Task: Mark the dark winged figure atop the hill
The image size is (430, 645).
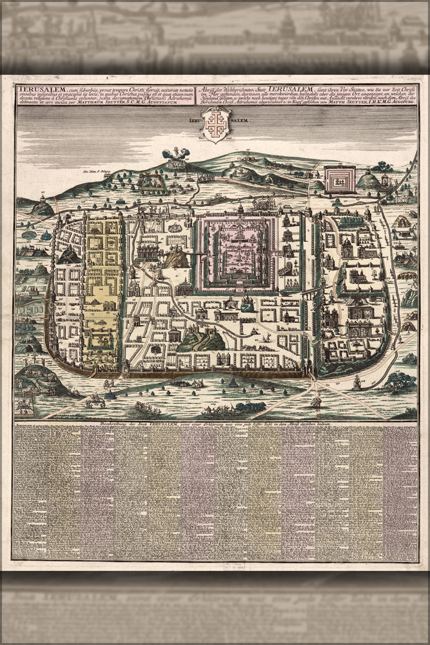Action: (x=175, y=154)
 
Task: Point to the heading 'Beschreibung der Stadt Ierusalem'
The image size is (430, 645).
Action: (x=193, y=424)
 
